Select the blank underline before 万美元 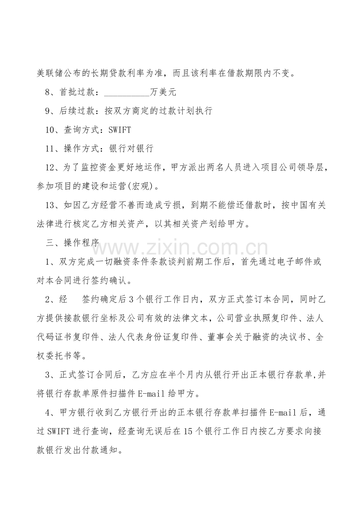pyautogui.click(x=127, y=92)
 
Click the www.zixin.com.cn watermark pyautogui.click(x=180, y=247)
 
